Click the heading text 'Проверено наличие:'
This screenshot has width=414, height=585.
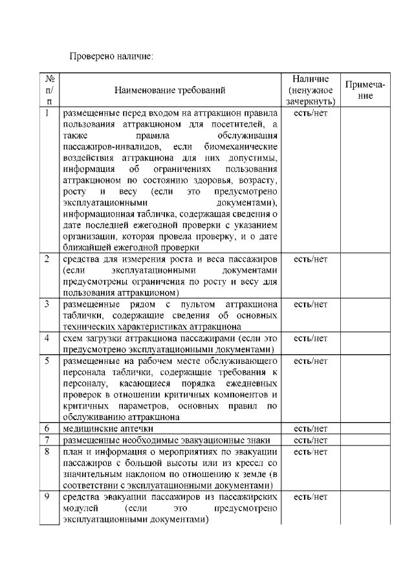coord(111,57)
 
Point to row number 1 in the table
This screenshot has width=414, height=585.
coord(48,113)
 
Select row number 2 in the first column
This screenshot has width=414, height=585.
coord(48,259)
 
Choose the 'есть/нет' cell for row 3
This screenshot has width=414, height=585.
coord(310,304)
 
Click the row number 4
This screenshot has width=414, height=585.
coord(48,338)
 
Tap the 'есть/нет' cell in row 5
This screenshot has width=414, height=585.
coord(310,360)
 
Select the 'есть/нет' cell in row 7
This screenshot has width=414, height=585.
coord(310,440)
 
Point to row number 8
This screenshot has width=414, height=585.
coord(48,451)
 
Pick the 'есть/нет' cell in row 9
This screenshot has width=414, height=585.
coord(310,497)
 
